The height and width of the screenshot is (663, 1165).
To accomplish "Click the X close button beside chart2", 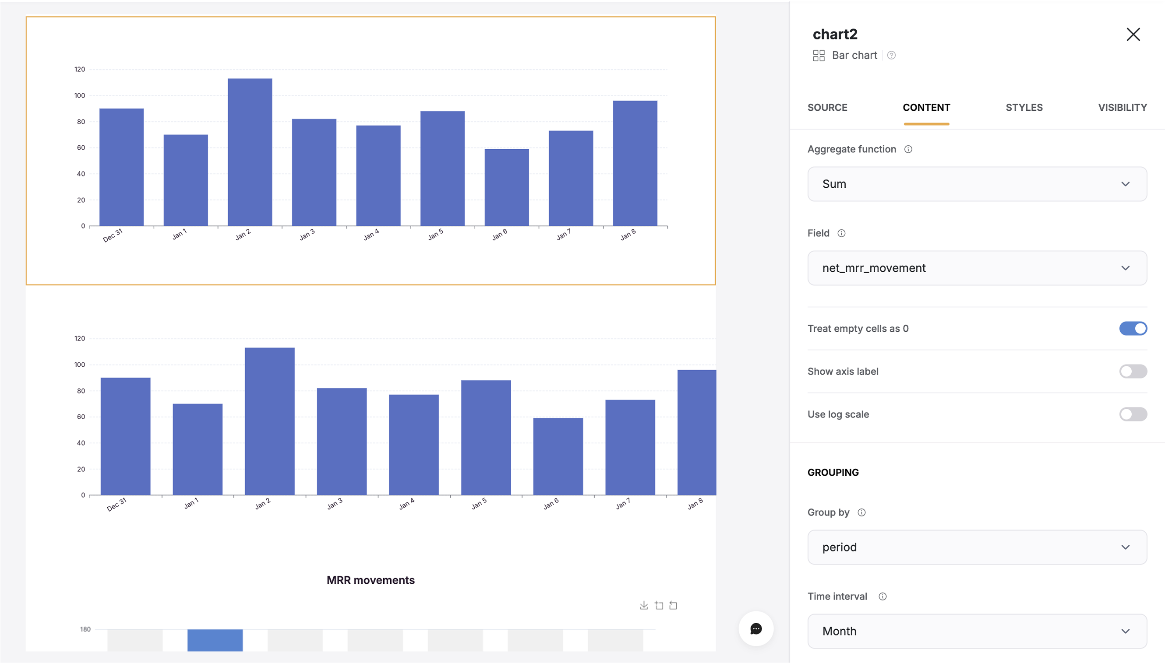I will pyautogui.click(x=1133, y=34).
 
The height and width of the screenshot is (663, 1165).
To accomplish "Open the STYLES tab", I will pyautogui.click(x=1024, y=108).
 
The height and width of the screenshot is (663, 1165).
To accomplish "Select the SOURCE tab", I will pyautogui.click(x=827, y=108).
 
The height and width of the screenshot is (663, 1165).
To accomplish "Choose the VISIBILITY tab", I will pyautogui.click(x=1122, y=108).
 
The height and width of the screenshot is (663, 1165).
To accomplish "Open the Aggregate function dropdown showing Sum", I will pyautogui.click(x=976, y=184).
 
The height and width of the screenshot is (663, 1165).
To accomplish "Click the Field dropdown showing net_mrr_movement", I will pyautogui.click(x=976, y=268).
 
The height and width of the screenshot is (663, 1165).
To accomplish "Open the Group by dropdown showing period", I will pyautogui.click(x=976, y=547).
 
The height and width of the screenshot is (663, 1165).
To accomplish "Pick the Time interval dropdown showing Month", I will pyautogui.click(x=976, y=631).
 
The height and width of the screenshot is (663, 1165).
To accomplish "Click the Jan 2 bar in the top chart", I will pyautogui.click(x=250, y=152).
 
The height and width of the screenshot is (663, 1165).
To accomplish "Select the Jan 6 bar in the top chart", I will pyautogui.click(x=506, y=187).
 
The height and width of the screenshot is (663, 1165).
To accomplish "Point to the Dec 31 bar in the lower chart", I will pyautogui.click(x=125, y=436).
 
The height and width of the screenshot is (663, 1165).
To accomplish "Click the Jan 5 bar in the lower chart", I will pyautogui.click(x=486, y=438).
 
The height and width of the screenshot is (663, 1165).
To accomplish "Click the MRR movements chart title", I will pyautogui.click(x=371, y=580).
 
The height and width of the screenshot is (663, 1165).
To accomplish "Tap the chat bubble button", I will pyautogui.click(x=755, y=629).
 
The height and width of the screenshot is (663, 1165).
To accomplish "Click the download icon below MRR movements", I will pyautogui.click(x=643, y=605).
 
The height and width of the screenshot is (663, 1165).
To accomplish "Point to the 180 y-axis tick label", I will pyautogui.click(x=85, y=629).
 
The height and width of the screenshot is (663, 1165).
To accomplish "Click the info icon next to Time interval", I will pyautogui.click(x=882, y=596).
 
